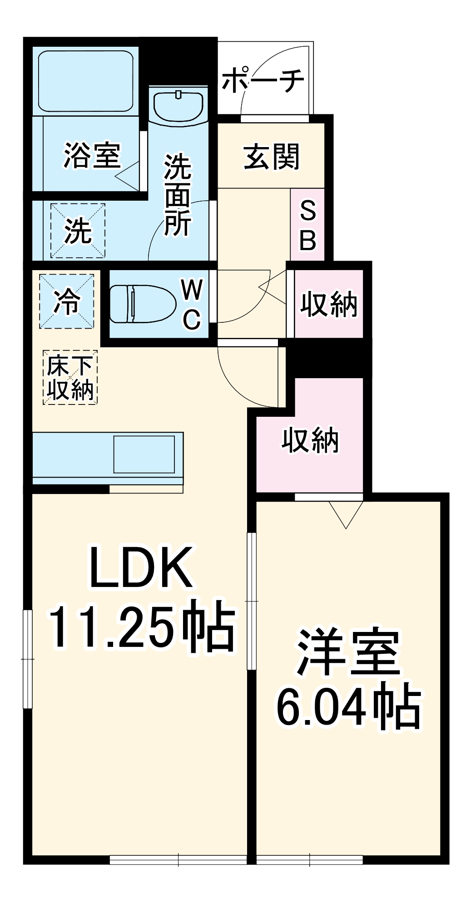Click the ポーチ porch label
(263, 80)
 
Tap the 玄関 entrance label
(272, 157)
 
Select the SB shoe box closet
(307, 225)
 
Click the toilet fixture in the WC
(142, 304)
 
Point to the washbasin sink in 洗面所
(178, 106)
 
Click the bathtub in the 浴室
(86, 80)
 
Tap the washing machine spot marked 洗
(78, 231)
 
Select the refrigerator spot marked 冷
(67, 301)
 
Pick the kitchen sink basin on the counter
(144, 454)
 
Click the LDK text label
(140, 568)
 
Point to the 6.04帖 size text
(348, 707)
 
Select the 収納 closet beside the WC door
(328, 304)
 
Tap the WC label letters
(192, 304)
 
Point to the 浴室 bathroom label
(92, 155)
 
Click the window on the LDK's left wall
(28, 658)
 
